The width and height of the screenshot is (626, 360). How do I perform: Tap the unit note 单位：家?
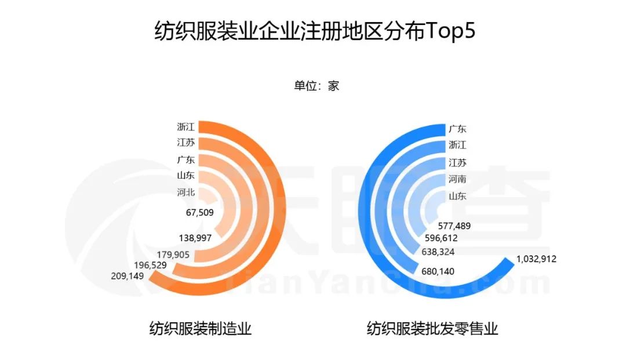pyautogui.click(x=316, y=86)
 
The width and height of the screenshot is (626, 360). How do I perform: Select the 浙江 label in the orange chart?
pyautogui.click(x=186, y=126)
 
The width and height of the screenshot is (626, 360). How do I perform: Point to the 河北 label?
pyautogui.click(x=186, y=193)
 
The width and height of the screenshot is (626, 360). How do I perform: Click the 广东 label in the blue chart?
pyautogui.click(x=457, y=129)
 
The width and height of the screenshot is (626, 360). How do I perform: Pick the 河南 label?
pyautogui.click(x=457, y=179)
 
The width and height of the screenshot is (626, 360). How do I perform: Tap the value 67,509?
pyautogui.click(x=200, y=213)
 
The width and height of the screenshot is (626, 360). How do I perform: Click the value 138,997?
pyautogui.click(x=195, y=238)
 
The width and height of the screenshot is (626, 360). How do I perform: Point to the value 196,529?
pyautogui.click(x=151, y=265)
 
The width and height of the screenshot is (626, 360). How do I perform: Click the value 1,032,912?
pyautogui.click(x=536, y=259)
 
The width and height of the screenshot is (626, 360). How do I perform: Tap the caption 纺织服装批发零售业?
pyautogui.click(x=432, y=329)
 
